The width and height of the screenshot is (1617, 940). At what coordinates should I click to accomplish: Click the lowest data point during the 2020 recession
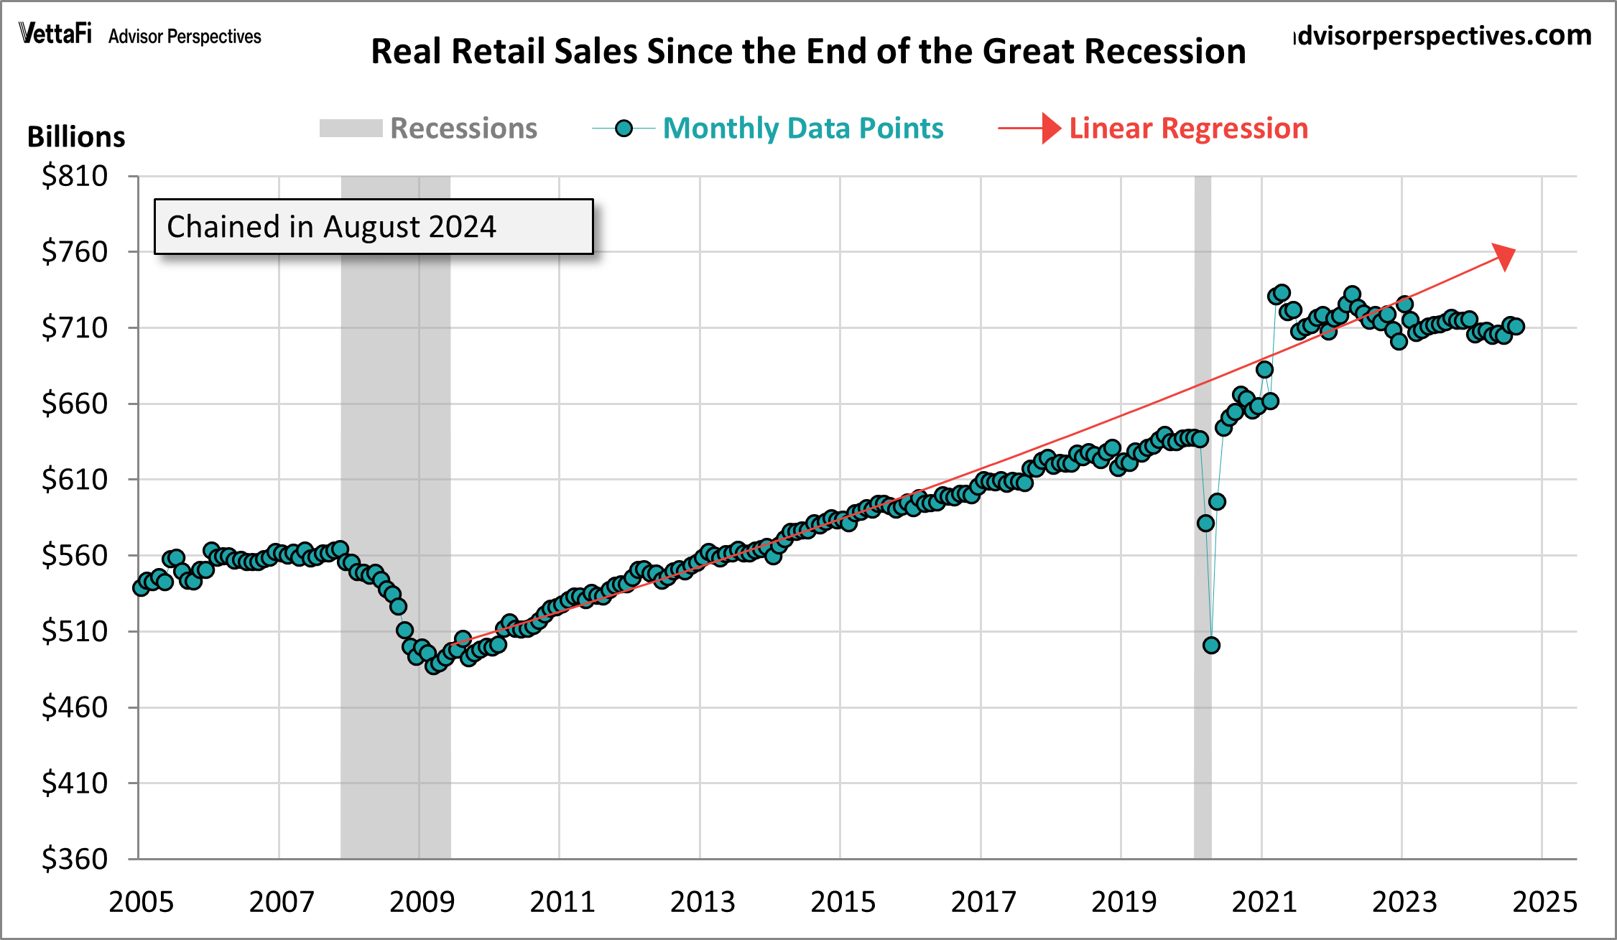1211,645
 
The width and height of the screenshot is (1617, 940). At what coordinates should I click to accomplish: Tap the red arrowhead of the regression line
1505,256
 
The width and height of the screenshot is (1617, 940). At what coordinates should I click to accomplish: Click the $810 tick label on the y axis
75,176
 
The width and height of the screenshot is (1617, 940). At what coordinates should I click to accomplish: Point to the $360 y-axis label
75,859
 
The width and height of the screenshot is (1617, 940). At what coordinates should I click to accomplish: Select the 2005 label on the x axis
141,902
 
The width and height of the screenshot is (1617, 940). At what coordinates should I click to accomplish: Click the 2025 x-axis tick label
1544,902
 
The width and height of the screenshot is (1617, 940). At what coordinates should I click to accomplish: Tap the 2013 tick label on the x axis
703,902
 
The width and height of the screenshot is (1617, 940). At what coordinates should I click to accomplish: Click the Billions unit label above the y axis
76,136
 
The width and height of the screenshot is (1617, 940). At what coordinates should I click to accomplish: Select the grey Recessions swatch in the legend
351,129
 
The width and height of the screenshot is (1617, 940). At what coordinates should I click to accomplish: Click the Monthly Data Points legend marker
624,129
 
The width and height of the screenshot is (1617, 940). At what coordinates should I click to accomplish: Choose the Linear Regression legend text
1188,129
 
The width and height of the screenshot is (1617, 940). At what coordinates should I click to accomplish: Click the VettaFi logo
55,33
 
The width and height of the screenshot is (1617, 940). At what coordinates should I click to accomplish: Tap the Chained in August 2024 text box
374,227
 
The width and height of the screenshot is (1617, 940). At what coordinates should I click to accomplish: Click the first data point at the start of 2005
141,587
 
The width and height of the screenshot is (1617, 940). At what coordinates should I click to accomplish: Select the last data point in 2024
1516,327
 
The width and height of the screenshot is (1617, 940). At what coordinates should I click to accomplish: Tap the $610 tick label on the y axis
75,480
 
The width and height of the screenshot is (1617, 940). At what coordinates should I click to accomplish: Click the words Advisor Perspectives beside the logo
185,37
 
